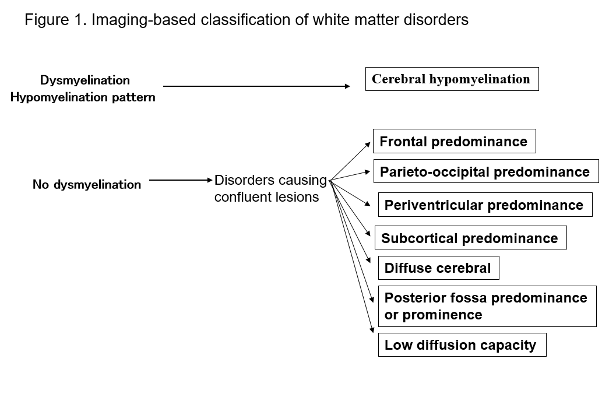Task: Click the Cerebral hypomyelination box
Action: coord(452,79)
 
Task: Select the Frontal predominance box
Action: coord(454,141)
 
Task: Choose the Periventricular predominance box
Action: coord(485,205)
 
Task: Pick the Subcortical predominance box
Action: coord(470,238)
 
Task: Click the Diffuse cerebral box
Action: coord(438,268)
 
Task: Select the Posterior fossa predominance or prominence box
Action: coord(487,306)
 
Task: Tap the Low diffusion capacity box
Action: coord(462,344)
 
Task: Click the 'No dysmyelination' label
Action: coord(87,185)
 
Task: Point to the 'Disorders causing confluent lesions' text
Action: coord(270,188)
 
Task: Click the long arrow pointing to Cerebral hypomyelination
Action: coord(256,87)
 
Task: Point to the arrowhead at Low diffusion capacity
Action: coord(372,330)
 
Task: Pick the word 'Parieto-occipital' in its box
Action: coord(429,172)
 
